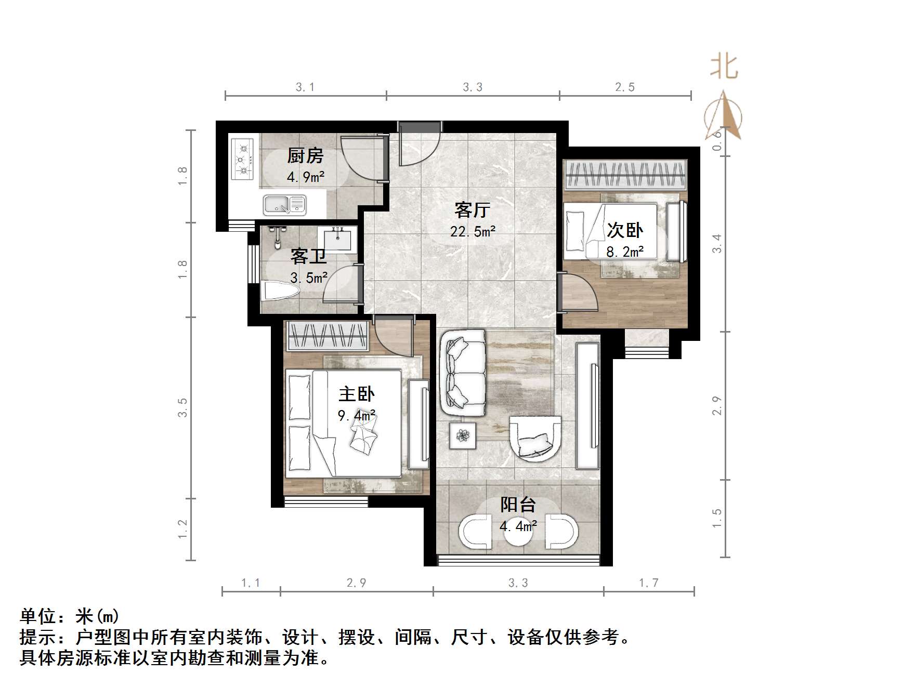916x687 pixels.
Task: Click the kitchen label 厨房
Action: click(305, 155)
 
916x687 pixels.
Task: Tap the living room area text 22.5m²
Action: click(473, 231)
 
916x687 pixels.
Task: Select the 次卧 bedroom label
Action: click(625, 230)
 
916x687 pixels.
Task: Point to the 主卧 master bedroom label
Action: click(357, 394)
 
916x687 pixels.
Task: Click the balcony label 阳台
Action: click(518, 505)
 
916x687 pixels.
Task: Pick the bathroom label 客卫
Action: click(308, 256)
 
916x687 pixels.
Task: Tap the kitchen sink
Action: click(284, 204)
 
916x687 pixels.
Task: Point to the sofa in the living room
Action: click(463, 373)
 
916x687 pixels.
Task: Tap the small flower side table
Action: click(463, 435)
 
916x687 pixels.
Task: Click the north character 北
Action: click(724, 67)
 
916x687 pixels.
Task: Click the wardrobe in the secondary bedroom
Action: click(625, 175)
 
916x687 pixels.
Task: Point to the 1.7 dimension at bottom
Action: click(648, 583)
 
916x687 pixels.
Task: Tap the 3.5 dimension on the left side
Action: click(182, 407)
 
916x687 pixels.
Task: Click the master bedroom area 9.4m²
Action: click(357, 416)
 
